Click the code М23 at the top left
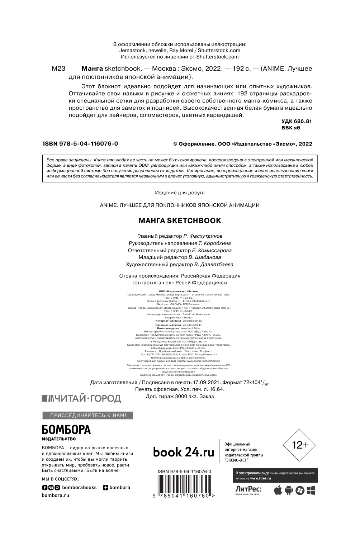[x=58, y=69]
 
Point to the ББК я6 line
[x=291, y=128]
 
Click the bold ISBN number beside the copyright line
[x=81, y=144]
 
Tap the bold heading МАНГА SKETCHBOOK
[x=180, y=221]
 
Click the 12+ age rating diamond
[x=300, y=445]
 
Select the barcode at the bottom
[x=184, y=485]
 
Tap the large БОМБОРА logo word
[x=66, y=430]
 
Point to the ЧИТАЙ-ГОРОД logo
[x=82, y=398]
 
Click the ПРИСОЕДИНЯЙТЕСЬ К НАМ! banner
[x=83, y=416]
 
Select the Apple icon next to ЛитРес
[x=278, y=491]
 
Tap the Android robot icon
[x=289, y=491]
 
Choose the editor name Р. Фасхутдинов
[x=203, y=236]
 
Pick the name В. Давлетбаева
[x=214, y=265]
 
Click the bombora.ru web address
[x=56, y=495]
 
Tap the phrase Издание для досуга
[x=180, y=193]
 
